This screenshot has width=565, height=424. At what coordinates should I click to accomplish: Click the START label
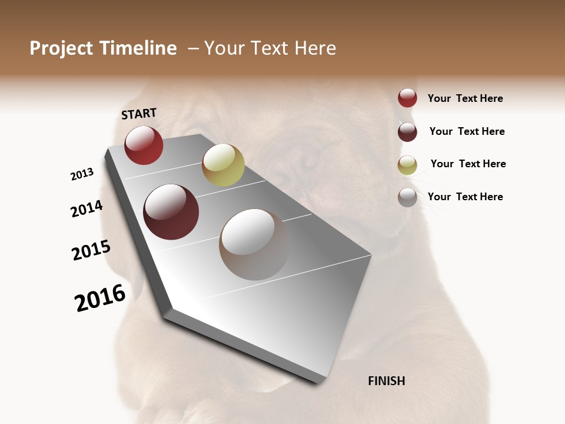click(x=139, y=114)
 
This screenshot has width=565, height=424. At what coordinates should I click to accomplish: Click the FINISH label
click(x=386, y=381)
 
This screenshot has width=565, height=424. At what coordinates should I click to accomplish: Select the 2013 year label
click(x=82, y=174)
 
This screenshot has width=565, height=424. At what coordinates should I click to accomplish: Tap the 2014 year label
click(x=87, y=209)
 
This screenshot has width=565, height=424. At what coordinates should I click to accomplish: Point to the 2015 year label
click(x=91, y=250)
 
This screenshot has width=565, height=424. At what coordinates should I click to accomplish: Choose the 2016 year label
click(x=100, y=298)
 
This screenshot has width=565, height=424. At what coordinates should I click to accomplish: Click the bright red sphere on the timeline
click(x=144, y=145)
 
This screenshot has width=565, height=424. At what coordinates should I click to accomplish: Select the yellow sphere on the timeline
click(x=223, y=164)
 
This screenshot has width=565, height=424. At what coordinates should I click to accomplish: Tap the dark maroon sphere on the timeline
click(x=171, y=212)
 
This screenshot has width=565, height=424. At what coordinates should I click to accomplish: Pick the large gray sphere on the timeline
click(x=254, y=244)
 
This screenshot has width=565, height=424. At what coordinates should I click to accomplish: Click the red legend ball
click(x=407, y=98)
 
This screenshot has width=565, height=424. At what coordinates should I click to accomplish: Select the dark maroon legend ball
click(x=407, y=132)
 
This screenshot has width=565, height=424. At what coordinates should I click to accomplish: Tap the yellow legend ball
click(x=407, y=165)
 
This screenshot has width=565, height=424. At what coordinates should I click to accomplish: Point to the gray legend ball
click(x=407, y=198)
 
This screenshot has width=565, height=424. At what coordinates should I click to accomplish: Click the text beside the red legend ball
click(x=465, y=99)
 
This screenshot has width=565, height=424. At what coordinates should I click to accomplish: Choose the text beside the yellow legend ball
click(x=468, y=164)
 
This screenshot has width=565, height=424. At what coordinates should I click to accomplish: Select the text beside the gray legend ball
click(x=465, y=197)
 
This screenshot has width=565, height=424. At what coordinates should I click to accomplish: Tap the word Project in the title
click(x=61, y=48)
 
